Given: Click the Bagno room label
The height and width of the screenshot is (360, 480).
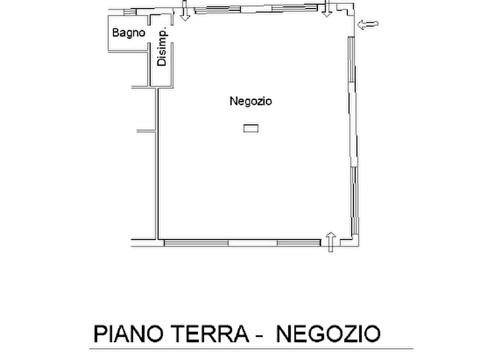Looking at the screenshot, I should (128, 33).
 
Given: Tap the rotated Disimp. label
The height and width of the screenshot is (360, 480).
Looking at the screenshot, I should (162, 48).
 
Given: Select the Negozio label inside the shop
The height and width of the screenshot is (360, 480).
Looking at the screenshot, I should (250, 101).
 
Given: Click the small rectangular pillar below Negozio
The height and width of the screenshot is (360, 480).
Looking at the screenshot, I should (250, 128).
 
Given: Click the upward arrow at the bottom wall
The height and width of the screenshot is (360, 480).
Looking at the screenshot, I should (331, 242).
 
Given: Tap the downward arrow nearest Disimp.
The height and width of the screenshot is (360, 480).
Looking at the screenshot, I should (185, 11).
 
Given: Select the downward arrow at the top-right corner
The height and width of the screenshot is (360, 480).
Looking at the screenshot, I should (326, 9).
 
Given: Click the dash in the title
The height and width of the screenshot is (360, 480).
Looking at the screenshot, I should (259, 335).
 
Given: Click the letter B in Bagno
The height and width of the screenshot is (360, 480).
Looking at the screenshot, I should (115, 33).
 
